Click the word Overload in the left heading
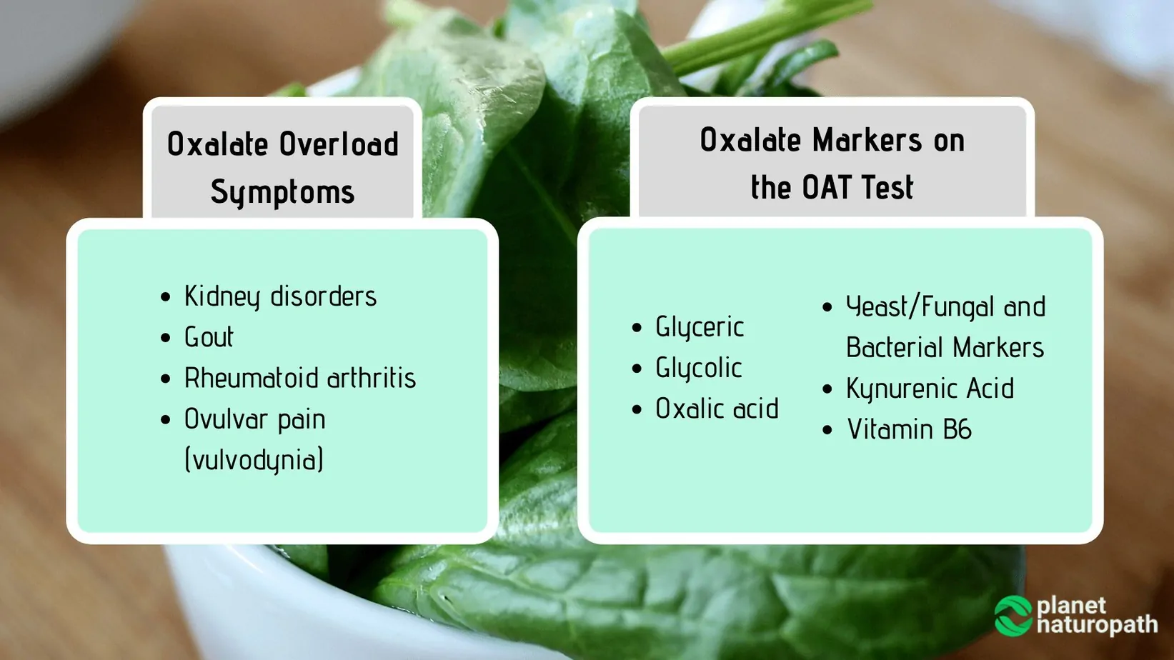(x=339, y=144)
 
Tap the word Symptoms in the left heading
(x=282, y=192)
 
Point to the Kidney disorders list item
(x=280, y=296)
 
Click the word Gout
(x=209, y=337)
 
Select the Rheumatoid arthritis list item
(x=299, y=378)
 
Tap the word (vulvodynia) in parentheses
(x=254, y=459)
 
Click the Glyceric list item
(x=700, y=327)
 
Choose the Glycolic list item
(x=698, y=368)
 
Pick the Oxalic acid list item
(x=717, y=409)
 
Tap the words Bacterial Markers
(x=945, y=348)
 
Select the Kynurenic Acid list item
(x=930, y=389)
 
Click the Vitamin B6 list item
(x=909, y=429)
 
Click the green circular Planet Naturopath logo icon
(x=1013, y=616)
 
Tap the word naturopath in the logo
(x=1097, y=625)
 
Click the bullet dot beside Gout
(x=166, y=338)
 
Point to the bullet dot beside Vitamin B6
(x=827, y=430)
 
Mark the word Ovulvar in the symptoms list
(x=225, y=419)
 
